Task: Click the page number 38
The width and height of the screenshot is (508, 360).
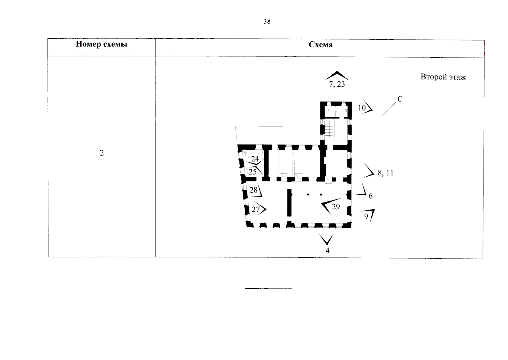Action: click(x=267, y=21)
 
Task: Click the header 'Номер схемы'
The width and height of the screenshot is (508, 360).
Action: click(x=101, y=44)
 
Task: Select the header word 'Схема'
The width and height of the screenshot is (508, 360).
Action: click(x=320, y=45)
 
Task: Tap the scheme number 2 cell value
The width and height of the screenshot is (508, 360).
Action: click(x=102, y=153)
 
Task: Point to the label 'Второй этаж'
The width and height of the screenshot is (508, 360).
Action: click(x=443, y=77)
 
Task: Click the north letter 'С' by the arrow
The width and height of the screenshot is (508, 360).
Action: click(x=400, y=99)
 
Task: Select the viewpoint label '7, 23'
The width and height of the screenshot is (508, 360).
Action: click(x=337, y=84)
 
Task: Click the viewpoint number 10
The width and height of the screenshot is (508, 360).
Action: click(x=362, y=108)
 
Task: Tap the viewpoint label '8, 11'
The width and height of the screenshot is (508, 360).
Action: click(x=385, y=173)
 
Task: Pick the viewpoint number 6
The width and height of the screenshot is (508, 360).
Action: click(x=370, y=196)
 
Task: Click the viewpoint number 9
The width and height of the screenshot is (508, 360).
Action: click(x=366, y=217)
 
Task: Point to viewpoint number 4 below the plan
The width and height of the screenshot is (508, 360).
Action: click(x=328, y=250)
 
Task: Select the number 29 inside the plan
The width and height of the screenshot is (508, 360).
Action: click(x=336, y=207)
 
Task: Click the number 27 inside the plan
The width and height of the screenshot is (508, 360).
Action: click(x=256, y=209)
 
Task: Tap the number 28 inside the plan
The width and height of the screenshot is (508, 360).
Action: click(x=253, y=190)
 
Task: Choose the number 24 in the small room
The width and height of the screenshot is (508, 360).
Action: click(x=255, y=159)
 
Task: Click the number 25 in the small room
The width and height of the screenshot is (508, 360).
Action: click(x=252, y=172)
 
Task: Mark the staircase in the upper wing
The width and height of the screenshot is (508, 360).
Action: click(x=329, y=129)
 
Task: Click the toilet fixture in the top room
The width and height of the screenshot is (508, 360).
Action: click(x=328, y=111)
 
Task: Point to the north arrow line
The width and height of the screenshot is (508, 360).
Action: click(x=389, y=109)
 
